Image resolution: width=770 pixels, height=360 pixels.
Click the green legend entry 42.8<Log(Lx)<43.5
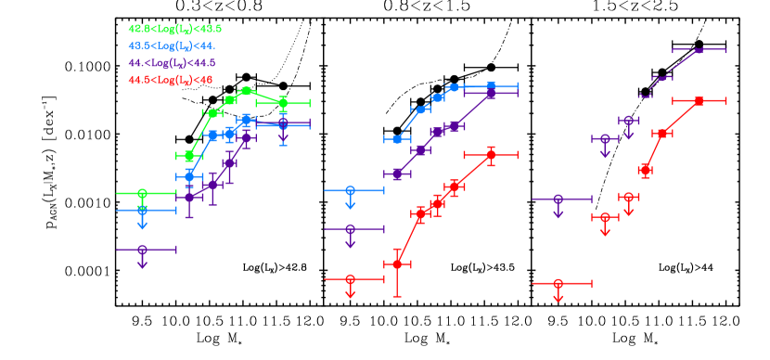[174, 29]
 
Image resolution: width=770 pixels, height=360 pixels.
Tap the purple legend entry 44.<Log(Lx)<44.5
[172, 63]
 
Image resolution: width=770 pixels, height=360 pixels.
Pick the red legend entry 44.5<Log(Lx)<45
[170, 80]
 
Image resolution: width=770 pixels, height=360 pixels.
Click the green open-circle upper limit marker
[142, 194]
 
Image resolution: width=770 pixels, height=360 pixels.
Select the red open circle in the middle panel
[350, 278]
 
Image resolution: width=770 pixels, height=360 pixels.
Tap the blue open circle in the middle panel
[350, 190]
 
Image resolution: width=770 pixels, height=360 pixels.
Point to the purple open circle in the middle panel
[350, 228]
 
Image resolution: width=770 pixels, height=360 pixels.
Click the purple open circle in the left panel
[142, 249]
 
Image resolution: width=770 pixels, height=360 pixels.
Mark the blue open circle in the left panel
[142, 211]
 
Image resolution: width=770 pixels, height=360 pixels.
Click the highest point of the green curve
[246, 91]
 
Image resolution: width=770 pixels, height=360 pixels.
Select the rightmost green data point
[283, 102]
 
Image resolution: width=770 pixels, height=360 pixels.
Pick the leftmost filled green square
[189, 156]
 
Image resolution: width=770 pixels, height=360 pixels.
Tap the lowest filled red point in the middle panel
[397, 264]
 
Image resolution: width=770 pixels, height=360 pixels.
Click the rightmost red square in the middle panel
[491, 154]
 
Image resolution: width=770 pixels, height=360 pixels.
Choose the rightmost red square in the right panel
[699, 100]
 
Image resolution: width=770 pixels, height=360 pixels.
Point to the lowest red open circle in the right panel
[558, 283]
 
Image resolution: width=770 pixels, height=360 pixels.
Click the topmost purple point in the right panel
[699, 50]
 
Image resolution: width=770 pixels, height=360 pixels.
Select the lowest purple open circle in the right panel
[558, 199]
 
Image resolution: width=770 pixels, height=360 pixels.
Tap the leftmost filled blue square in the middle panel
[397, 139]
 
